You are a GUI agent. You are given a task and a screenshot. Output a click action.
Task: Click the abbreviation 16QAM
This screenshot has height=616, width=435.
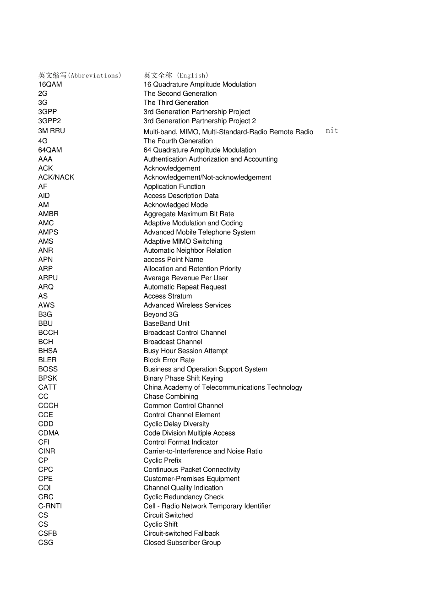pyautogui.click(x=50, y=84)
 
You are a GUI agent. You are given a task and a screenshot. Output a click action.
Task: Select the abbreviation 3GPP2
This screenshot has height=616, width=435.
pyautogui.click(x=49, y=121)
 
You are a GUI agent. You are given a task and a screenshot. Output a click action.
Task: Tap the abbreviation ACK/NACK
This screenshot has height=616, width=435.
pyautogui.click(x=56, y=177)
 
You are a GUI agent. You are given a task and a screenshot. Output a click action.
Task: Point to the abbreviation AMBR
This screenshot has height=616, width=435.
pyautogui.click(x=48, y=214)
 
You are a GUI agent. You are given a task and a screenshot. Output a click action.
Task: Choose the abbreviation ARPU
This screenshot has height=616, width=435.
pyautogui.click(x=48, y=278)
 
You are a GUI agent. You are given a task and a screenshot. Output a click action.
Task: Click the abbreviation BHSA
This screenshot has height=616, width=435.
pyautogui.click(x=48, y=351)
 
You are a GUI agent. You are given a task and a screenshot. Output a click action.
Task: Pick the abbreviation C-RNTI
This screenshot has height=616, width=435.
pyautogui.click(x=50, y=506)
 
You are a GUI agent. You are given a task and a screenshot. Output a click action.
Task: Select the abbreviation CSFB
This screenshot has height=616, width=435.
pyautogui.click(x=48, y=534)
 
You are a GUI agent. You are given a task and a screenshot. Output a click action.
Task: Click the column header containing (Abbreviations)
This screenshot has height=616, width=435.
pyautogui.click(x=80, y=75)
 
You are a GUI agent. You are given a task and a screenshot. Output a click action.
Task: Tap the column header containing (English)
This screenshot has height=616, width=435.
pyautogui.click(x=176, y=75)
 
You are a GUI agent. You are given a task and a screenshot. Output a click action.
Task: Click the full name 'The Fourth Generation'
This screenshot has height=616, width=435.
pyautogui.click(x=178, y=141)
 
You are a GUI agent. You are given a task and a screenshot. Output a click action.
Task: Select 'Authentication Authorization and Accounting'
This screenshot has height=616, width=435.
pyautogui.click(x=210, y=159)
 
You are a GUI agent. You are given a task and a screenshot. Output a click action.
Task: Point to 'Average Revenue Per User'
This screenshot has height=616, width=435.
pyautogui.click(x=185, y=278)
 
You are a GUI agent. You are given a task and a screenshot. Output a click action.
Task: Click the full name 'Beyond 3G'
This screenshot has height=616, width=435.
pyautogui.click(x=161, y=315)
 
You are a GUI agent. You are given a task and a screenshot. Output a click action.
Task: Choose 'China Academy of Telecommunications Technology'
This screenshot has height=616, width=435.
pyautogui.click(x=223, y=387)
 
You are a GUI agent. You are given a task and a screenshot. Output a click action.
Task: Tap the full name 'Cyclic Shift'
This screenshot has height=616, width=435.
pyautogui.click(x=160, y=524)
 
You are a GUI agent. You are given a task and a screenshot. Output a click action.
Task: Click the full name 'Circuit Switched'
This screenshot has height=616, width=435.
pyautogui.click(x=168, y=515)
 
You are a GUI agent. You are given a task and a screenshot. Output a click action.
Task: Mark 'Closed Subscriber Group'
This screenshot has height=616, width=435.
pyautogui.click(x=182, y=543)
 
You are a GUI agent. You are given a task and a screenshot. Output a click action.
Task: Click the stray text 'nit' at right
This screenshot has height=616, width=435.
pyautogui.click(x=332, y=131)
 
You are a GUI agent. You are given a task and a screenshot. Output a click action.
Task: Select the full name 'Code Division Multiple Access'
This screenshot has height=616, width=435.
pyautogui.click(x=189, y=433)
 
